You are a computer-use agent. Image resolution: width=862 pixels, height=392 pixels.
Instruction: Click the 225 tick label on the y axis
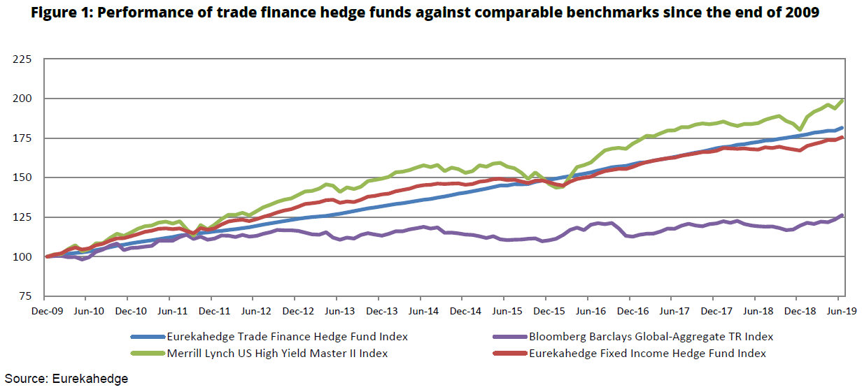click(22, 59)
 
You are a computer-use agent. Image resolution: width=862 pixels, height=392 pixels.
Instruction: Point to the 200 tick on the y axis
click(22, 99)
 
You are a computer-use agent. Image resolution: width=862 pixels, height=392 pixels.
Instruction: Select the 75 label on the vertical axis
click(25, 296)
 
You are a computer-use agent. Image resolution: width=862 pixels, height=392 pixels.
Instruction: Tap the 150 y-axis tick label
click(22, 177)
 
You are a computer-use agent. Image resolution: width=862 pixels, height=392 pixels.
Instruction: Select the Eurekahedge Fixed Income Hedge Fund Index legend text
click(647, 354)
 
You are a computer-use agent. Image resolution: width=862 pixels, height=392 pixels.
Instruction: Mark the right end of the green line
click(842, 101)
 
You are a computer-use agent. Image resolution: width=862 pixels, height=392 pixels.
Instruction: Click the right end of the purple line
click(842, 215)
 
